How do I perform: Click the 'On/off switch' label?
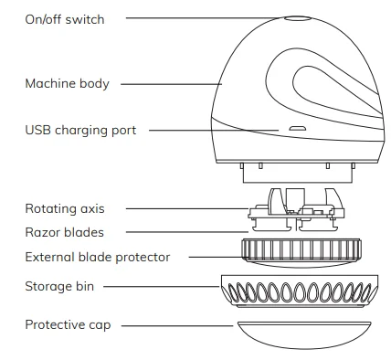(x=64, y=19)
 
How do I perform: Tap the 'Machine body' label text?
(x=67, y=84)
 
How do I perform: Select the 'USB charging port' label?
(x=80, y=131)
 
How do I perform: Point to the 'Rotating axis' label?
(x=64, y=209)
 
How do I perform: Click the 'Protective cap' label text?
(x=68, y=324)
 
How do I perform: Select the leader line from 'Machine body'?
(x=169, y=84)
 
